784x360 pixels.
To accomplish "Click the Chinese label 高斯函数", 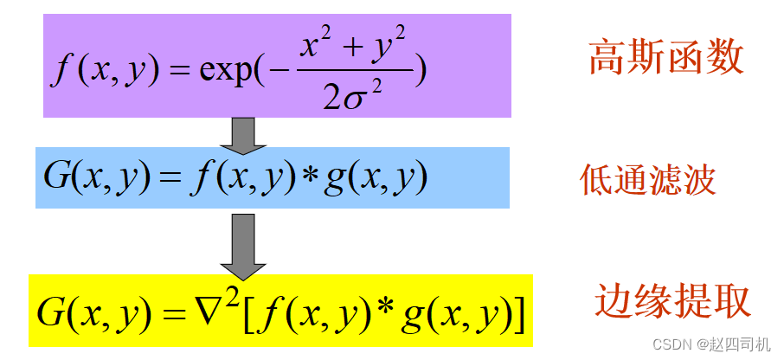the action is [665, 59].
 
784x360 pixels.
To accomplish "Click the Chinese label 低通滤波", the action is [648, 180].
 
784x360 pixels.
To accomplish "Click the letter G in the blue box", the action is [57, 178].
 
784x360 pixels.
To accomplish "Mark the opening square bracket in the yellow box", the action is [249, 315].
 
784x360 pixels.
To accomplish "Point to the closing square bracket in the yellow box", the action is [517, 315].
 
